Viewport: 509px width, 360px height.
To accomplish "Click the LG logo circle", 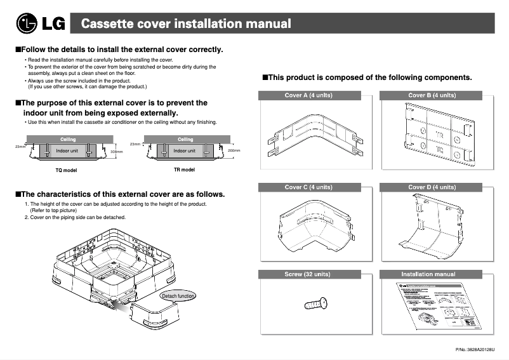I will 27,24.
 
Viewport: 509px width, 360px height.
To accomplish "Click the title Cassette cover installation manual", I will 187,24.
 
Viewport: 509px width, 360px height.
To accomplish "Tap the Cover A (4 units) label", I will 308,95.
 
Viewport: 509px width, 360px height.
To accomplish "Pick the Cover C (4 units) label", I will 308,187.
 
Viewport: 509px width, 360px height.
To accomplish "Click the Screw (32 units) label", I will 308,274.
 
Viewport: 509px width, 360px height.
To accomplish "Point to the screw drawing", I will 315,304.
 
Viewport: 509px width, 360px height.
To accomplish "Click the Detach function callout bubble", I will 178,296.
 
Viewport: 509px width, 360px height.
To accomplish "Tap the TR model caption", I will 184,170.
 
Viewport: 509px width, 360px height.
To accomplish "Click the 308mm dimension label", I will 116,152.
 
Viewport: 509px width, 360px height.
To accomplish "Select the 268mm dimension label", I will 234,150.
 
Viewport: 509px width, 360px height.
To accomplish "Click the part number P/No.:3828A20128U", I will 475,350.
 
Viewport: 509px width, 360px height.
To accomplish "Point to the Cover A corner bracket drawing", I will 308,137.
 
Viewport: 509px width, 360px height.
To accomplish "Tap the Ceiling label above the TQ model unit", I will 68,139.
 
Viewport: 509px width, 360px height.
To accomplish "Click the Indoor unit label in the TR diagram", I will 185,151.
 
